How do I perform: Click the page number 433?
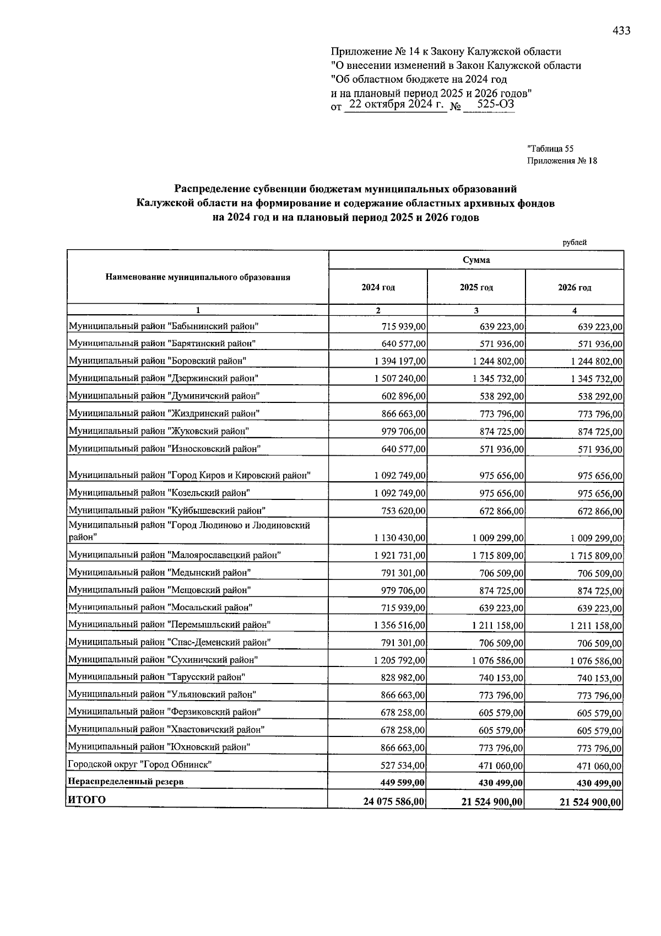621,31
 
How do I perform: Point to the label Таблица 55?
550,148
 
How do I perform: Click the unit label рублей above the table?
575,242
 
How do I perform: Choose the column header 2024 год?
378,287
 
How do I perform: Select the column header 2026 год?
575,287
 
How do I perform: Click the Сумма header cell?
476,260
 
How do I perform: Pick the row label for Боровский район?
157,361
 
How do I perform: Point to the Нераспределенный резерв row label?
125,782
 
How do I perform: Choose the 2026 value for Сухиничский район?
597,661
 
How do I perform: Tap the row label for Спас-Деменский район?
170,642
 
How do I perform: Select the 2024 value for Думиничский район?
404,396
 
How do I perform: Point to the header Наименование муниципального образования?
198,277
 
